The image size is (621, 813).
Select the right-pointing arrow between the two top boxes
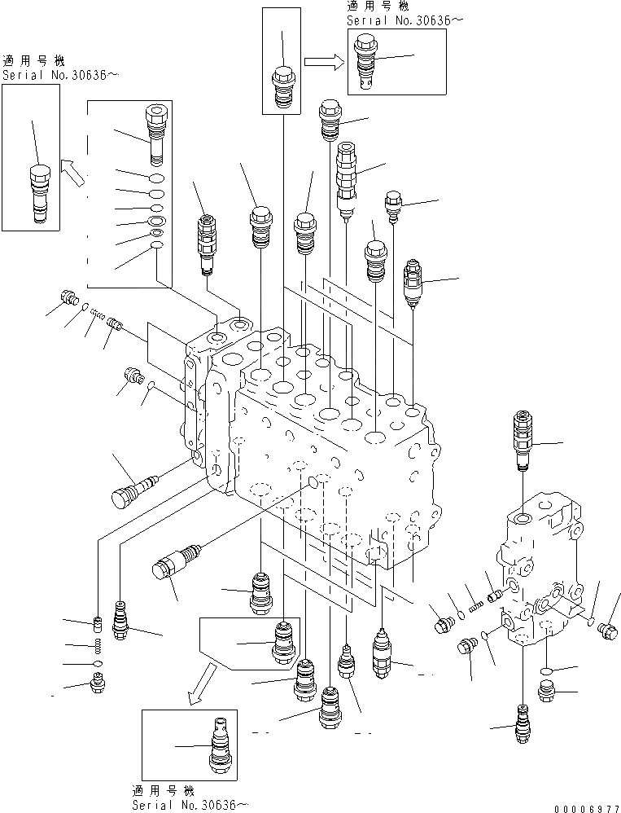tap(323, 60)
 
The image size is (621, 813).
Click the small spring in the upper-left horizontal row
tap(98, 314)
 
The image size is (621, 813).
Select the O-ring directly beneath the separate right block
tap(546, 672)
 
